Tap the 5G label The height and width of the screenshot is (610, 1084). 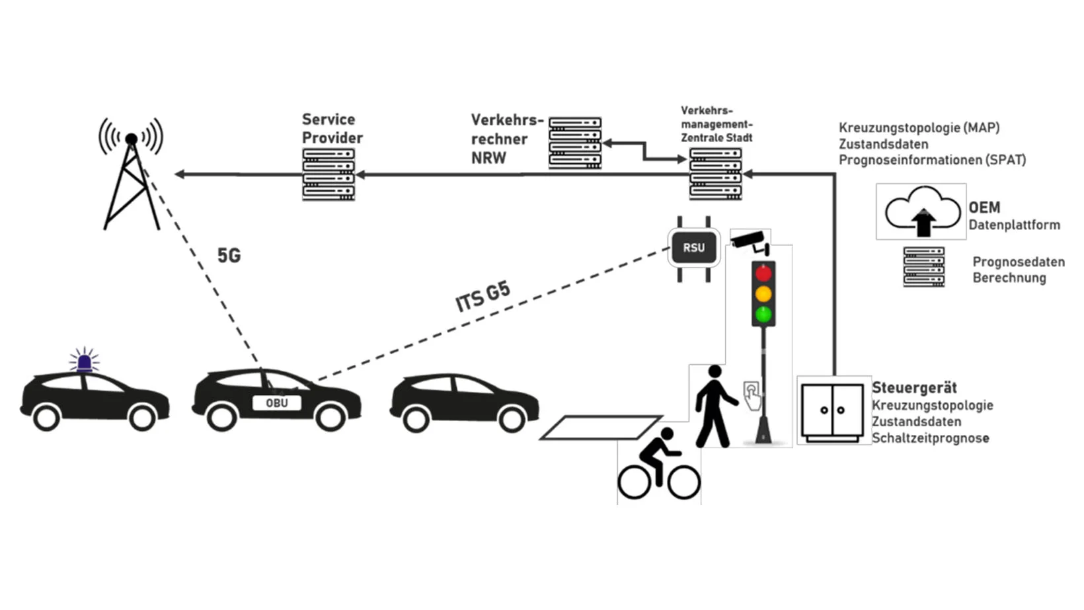click(229, 255)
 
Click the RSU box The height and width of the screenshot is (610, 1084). click(693, 248)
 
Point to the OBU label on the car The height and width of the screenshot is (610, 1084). click(276, 403)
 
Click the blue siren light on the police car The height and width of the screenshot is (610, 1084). click(84, 362)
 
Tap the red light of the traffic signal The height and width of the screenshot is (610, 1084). click(763, 273)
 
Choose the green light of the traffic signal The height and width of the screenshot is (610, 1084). click(763, 315)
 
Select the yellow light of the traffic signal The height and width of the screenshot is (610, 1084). click(763, 293)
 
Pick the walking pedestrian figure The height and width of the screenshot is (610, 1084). click(714, 406)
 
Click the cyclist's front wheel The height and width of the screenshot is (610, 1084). click(683, 482)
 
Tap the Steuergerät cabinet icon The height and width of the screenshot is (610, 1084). click(832, 411)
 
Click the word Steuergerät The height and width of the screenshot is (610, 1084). click(913, 388)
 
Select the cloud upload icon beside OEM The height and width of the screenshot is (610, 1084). click(922, 211)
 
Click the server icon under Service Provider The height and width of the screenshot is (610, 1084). click(329, 174)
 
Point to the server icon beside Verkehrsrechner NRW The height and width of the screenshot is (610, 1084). click(575, 143)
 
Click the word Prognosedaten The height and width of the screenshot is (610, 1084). click(1018, 262)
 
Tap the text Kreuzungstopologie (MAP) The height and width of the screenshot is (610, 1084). click(919, 128)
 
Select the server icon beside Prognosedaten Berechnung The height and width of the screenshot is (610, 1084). click(923, 267)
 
